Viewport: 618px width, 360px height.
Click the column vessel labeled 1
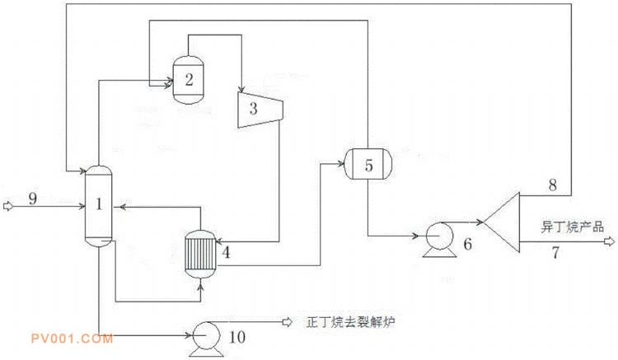[98, 206]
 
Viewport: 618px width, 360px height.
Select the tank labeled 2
[189, 79]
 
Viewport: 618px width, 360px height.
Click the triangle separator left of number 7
[505, 221]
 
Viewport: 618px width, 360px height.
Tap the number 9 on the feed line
[32, 199]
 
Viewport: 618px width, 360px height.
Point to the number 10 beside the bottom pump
[236, 337]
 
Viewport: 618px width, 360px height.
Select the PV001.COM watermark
[68, 338]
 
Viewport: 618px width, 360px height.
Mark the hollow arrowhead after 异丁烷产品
[609, 241]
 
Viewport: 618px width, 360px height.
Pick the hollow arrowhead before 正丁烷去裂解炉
[288, 321]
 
